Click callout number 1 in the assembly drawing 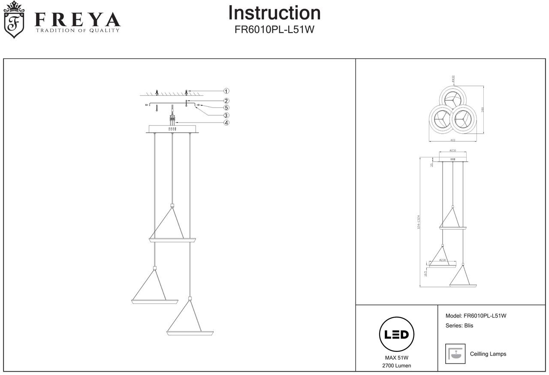[x=226, y=91]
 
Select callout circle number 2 [x=226, y=101]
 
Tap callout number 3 [x=226, y=115]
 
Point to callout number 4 [x=226, y=123]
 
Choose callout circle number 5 [x=226, y=108]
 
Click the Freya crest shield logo [x=14, y=20]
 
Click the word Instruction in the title [x=274, y=13]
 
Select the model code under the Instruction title [x=274, y=30]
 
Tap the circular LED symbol [x=396, y=334]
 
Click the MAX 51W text [x=396, y=358]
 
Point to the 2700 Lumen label [x=396, y=366]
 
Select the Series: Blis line [x=459, y=325]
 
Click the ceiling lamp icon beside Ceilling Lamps [x=455, y=354]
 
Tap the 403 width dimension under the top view [x=452, y=140]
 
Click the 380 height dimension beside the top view [x=483, y=110]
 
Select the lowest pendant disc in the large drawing [x=190, y=332]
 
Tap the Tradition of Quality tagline [x=78, y=30]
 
